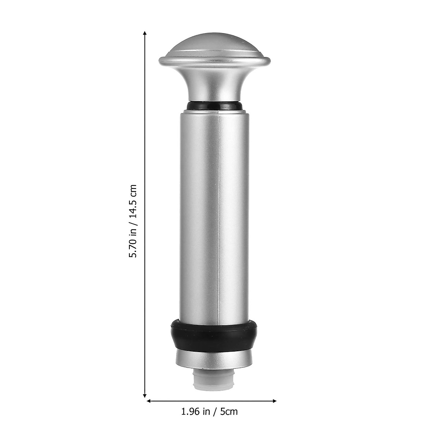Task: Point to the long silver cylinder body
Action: tap(214, 220)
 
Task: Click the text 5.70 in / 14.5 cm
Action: tap(133, 221)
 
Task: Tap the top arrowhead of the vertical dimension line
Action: tap(145, 33)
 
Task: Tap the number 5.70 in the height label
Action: tap(133, 248)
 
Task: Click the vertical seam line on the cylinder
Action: tap(219, 220)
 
